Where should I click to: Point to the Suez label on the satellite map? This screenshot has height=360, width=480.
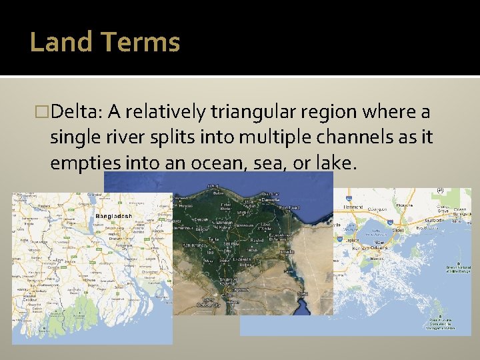(x=302, y=293)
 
